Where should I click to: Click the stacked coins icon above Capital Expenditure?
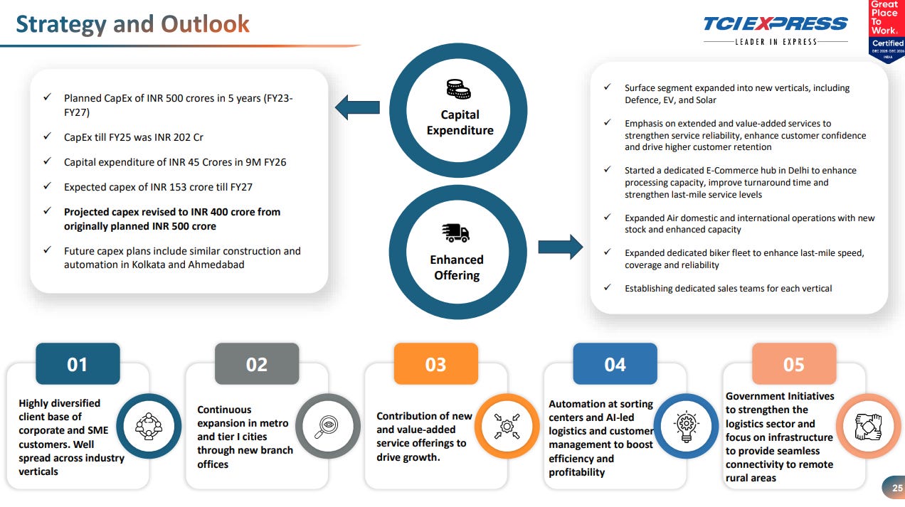coord(458,90)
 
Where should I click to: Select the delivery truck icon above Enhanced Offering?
coord(455,233)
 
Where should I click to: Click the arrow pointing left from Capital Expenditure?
coord(356,107)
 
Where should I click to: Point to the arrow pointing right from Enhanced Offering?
coord(560,247)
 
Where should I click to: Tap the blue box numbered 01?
coord(78,364)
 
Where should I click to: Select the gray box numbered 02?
coord(256,364)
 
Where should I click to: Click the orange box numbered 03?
coord(435,364)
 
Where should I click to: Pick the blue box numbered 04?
coord(615,364)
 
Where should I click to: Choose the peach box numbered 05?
coord(794,364)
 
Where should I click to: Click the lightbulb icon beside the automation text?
coord(687,426)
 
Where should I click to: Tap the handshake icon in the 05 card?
coord(868,426)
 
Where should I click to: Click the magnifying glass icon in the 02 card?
coord(328,426)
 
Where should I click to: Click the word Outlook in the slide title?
coord(205,24)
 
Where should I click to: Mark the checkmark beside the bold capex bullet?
coord(47,211)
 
